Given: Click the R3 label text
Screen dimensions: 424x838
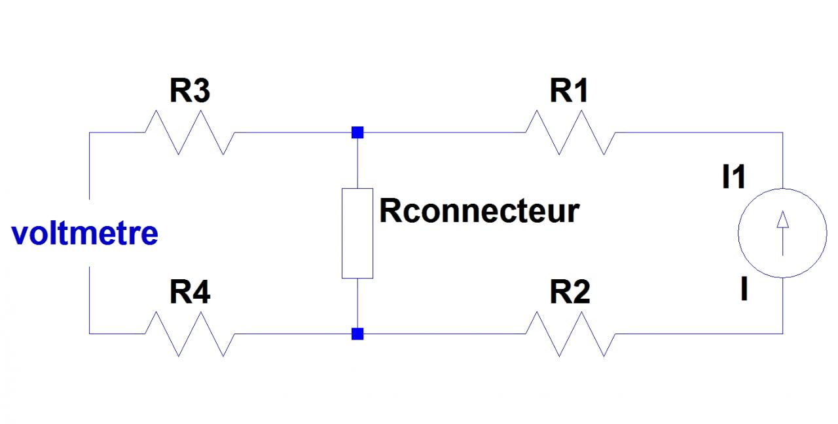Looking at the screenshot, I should click(190, 92).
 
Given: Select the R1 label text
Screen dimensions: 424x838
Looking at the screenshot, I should click(570, 92).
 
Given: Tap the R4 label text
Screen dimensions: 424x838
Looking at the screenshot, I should click(190, 293).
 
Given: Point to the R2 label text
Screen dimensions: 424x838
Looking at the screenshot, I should click(570, 293).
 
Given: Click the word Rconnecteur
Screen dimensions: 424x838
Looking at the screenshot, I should click(479, 212).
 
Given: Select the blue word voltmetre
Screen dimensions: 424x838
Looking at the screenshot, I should click(85, 233).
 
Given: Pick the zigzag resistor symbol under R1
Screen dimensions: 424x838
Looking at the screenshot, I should click(570, 132).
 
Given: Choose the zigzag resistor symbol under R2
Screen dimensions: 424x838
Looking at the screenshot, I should click(570, 334).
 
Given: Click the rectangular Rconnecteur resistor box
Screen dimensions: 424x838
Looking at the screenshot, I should click(357, 233).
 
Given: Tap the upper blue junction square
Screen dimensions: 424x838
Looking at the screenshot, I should click(357, 132).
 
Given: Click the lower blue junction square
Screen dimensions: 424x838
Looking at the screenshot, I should click(357, 334).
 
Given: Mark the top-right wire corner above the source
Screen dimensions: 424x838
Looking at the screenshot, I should click(782, 132).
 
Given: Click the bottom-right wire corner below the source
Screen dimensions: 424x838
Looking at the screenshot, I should click(782, 334).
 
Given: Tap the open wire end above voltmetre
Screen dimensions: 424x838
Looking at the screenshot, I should click(89, 197).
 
